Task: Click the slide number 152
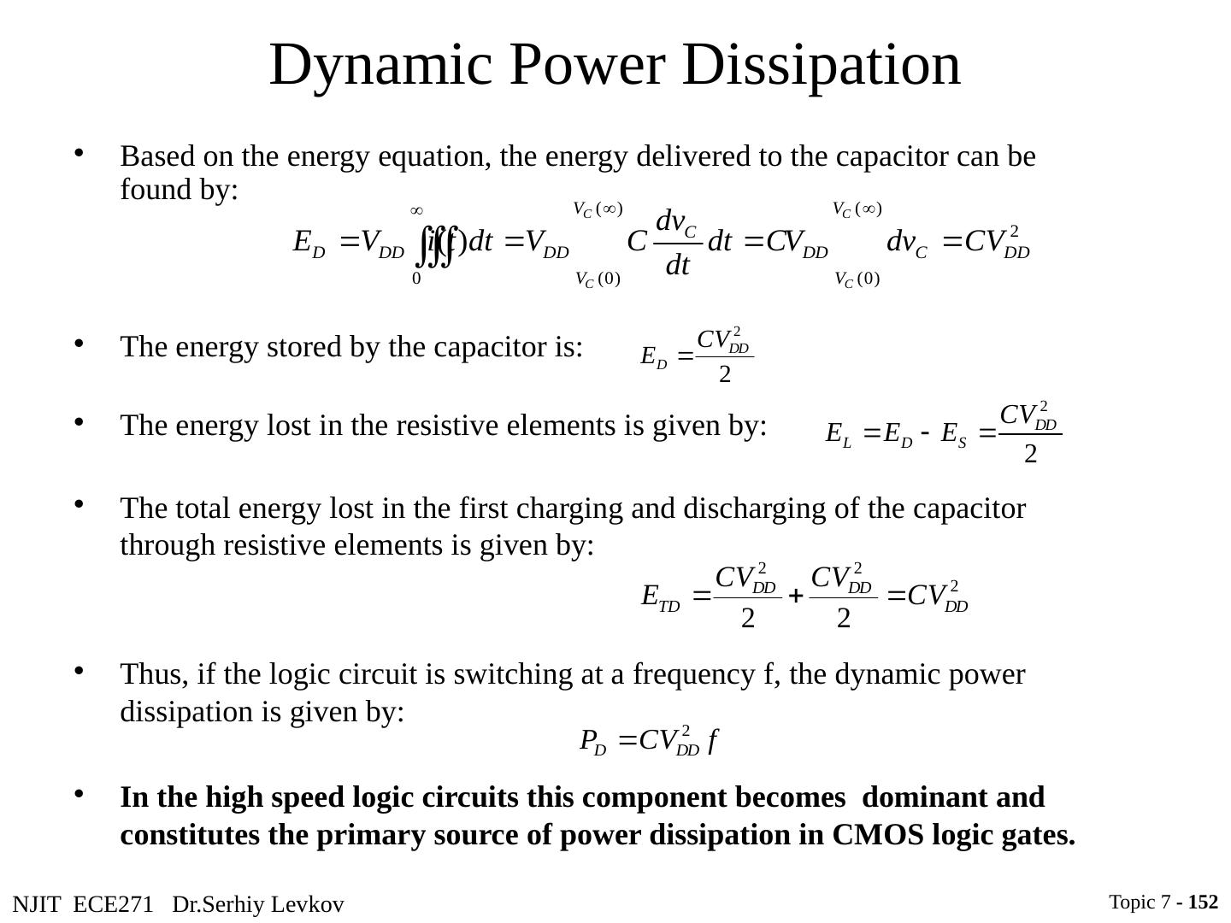tap(1203, 902)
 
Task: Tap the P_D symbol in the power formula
tap(592, 741)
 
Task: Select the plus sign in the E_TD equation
tap(794, 597)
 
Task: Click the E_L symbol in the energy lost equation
tap(838, 434)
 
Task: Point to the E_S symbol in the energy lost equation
tap(953, 434)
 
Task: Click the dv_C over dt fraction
tap(676, 244)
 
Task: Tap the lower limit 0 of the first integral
tap(416, 279)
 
